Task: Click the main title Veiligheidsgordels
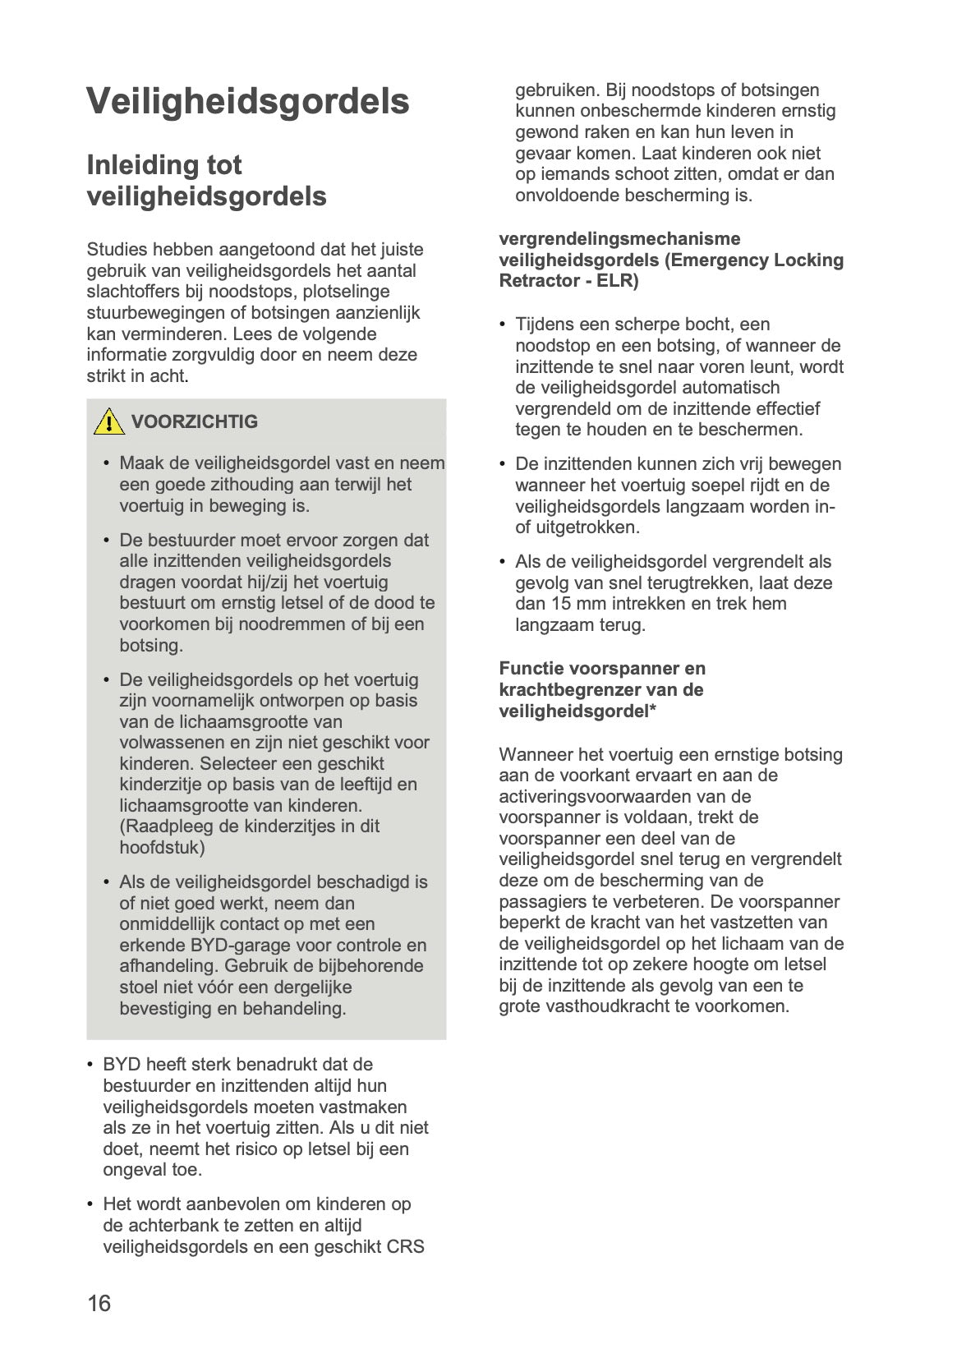(247, 102)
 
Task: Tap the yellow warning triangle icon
(109, 422)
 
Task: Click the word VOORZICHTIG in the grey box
(195, 421)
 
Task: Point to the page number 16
(99, 1304)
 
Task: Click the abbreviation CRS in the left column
(406, 1247)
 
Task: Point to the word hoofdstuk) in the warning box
(162, 848)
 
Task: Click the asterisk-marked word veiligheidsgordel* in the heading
(577, 711)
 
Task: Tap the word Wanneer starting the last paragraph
(535, 755)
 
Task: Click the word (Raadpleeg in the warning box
(161, 826)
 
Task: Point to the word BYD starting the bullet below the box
(122, 1066)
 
